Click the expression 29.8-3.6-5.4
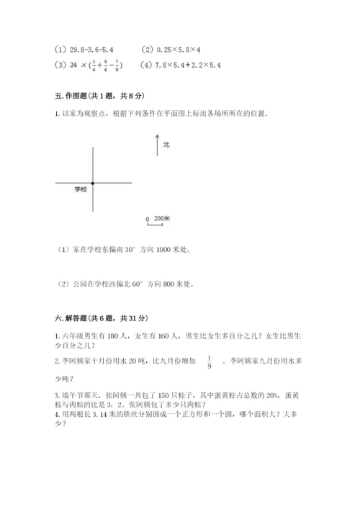(93, 50)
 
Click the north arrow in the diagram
(156, 145)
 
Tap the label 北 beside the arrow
(166, 145)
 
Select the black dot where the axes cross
(92, 184)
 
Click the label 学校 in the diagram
(80, 190)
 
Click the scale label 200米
(161, 217)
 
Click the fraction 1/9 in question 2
(210, 362)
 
